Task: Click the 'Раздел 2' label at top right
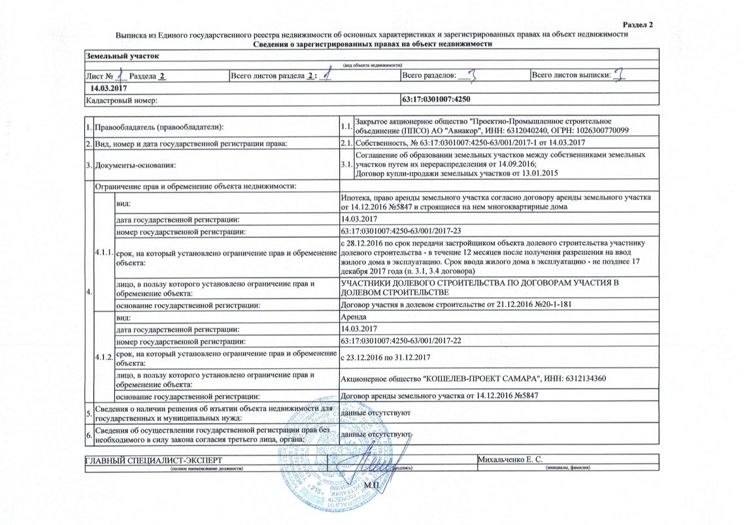pos(639,25)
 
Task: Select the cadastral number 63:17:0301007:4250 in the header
pos(435,100)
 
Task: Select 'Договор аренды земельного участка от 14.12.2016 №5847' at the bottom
pos(442,396)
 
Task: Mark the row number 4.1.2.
pos(103,355)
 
